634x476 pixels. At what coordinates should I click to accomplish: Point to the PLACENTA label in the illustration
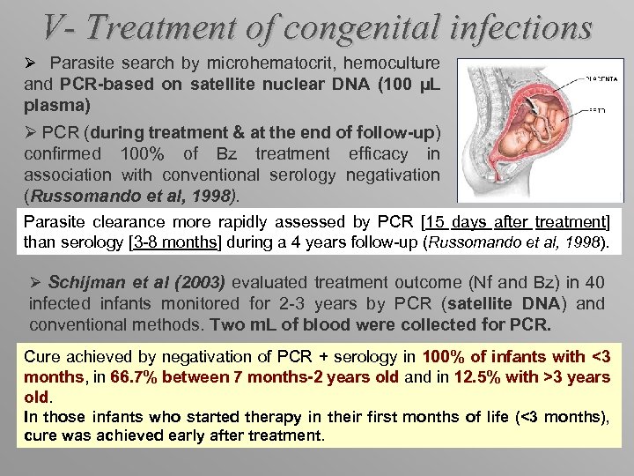[x=600, y=78]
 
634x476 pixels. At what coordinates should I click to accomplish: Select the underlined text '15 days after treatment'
[x=520, y=220]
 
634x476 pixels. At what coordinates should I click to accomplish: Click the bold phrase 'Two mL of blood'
[x=263, y=324]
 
